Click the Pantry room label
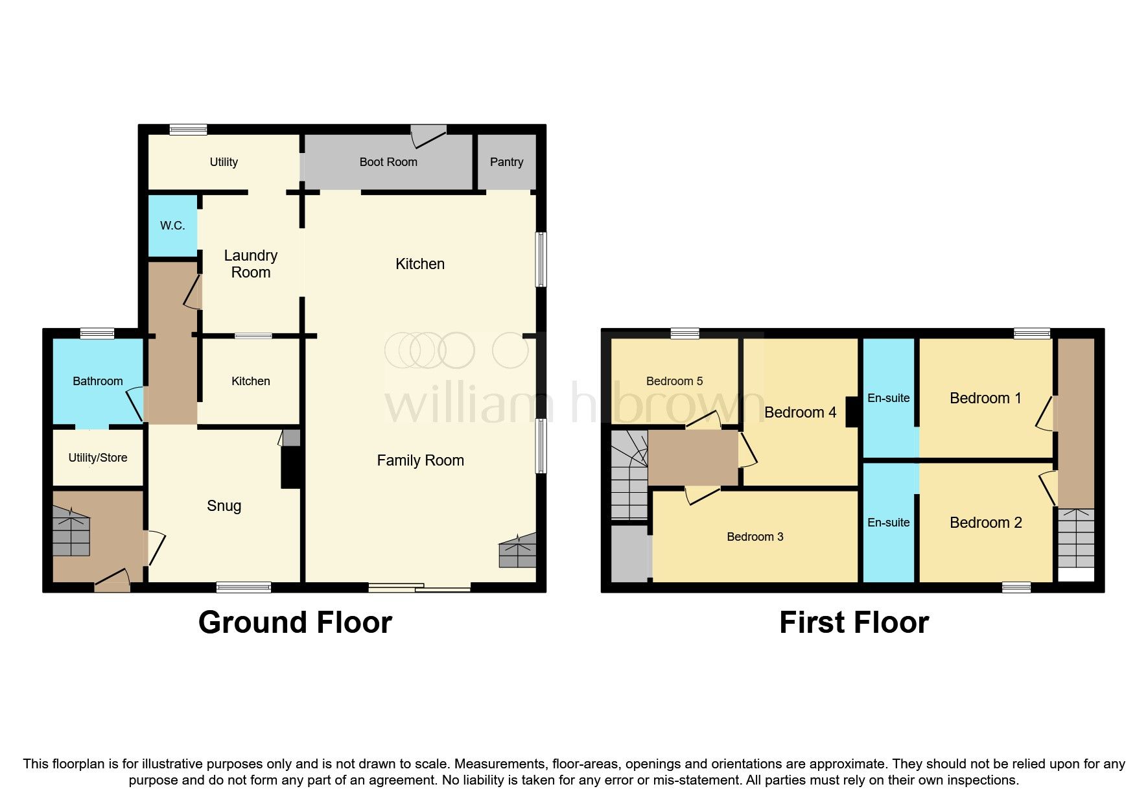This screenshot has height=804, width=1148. (x=506, y=162)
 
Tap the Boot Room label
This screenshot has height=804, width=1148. (x=388, y=162)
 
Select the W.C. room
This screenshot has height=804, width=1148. (x=172, y=226)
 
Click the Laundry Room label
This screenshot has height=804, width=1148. (x=251, y=264)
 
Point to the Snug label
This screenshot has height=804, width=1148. (x=224, y=506)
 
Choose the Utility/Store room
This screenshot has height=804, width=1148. (x=97, y=458)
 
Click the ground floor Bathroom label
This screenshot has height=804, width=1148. (x=97, y=381)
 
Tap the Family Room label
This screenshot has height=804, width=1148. (x=420, y=460)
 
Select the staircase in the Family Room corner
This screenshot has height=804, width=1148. (x=518, y=552)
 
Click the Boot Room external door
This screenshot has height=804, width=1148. (x=428, y=136)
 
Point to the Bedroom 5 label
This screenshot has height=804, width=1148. (x=674, y=381)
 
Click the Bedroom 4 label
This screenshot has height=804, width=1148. (x=800, y=412)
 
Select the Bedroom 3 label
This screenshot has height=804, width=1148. (x=755, y=537)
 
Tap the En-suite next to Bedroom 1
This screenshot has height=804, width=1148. (x=888, y=398)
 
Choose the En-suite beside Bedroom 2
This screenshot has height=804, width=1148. (x=888, y=523)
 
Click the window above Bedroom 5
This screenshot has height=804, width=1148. (x=685, y=333)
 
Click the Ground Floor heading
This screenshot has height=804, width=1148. (x=295, y=622)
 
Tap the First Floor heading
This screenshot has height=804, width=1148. (x=854, y=622)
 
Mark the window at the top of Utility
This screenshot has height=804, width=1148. (x=189, y=130)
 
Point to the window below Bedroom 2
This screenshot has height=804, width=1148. (x=1016, y=587)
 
